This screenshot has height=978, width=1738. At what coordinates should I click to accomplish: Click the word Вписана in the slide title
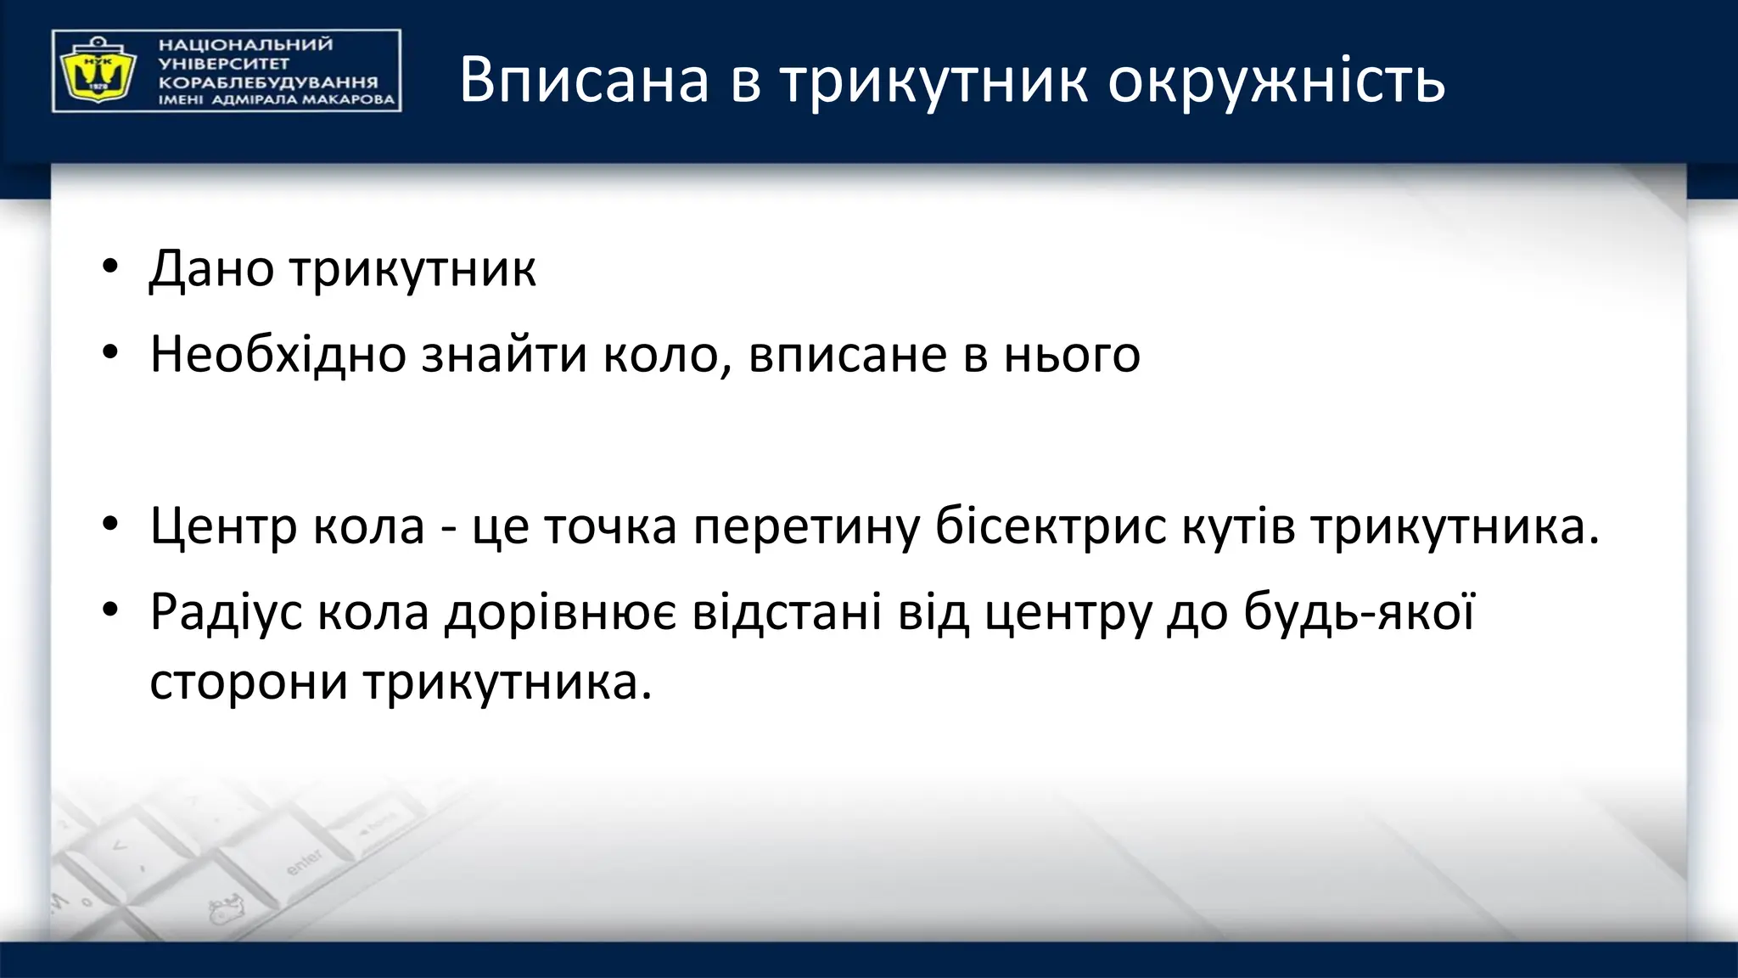point(584,80)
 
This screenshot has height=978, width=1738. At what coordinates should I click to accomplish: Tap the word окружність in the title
point(1276,81)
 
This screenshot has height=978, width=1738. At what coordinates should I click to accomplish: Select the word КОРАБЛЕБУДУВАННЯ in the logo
point(268,82)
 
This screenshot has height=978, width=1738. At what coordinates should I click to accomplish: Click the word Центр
point(223,527)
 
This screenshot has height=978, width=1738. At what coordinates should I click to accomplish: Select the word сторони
point(249,682)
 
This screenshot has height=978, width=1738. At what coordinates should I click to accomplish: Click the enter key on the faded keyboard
point(303,862)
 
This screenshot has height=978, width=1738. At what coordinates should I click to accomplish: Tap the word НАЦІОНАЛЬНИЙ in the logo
point(246,45)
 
